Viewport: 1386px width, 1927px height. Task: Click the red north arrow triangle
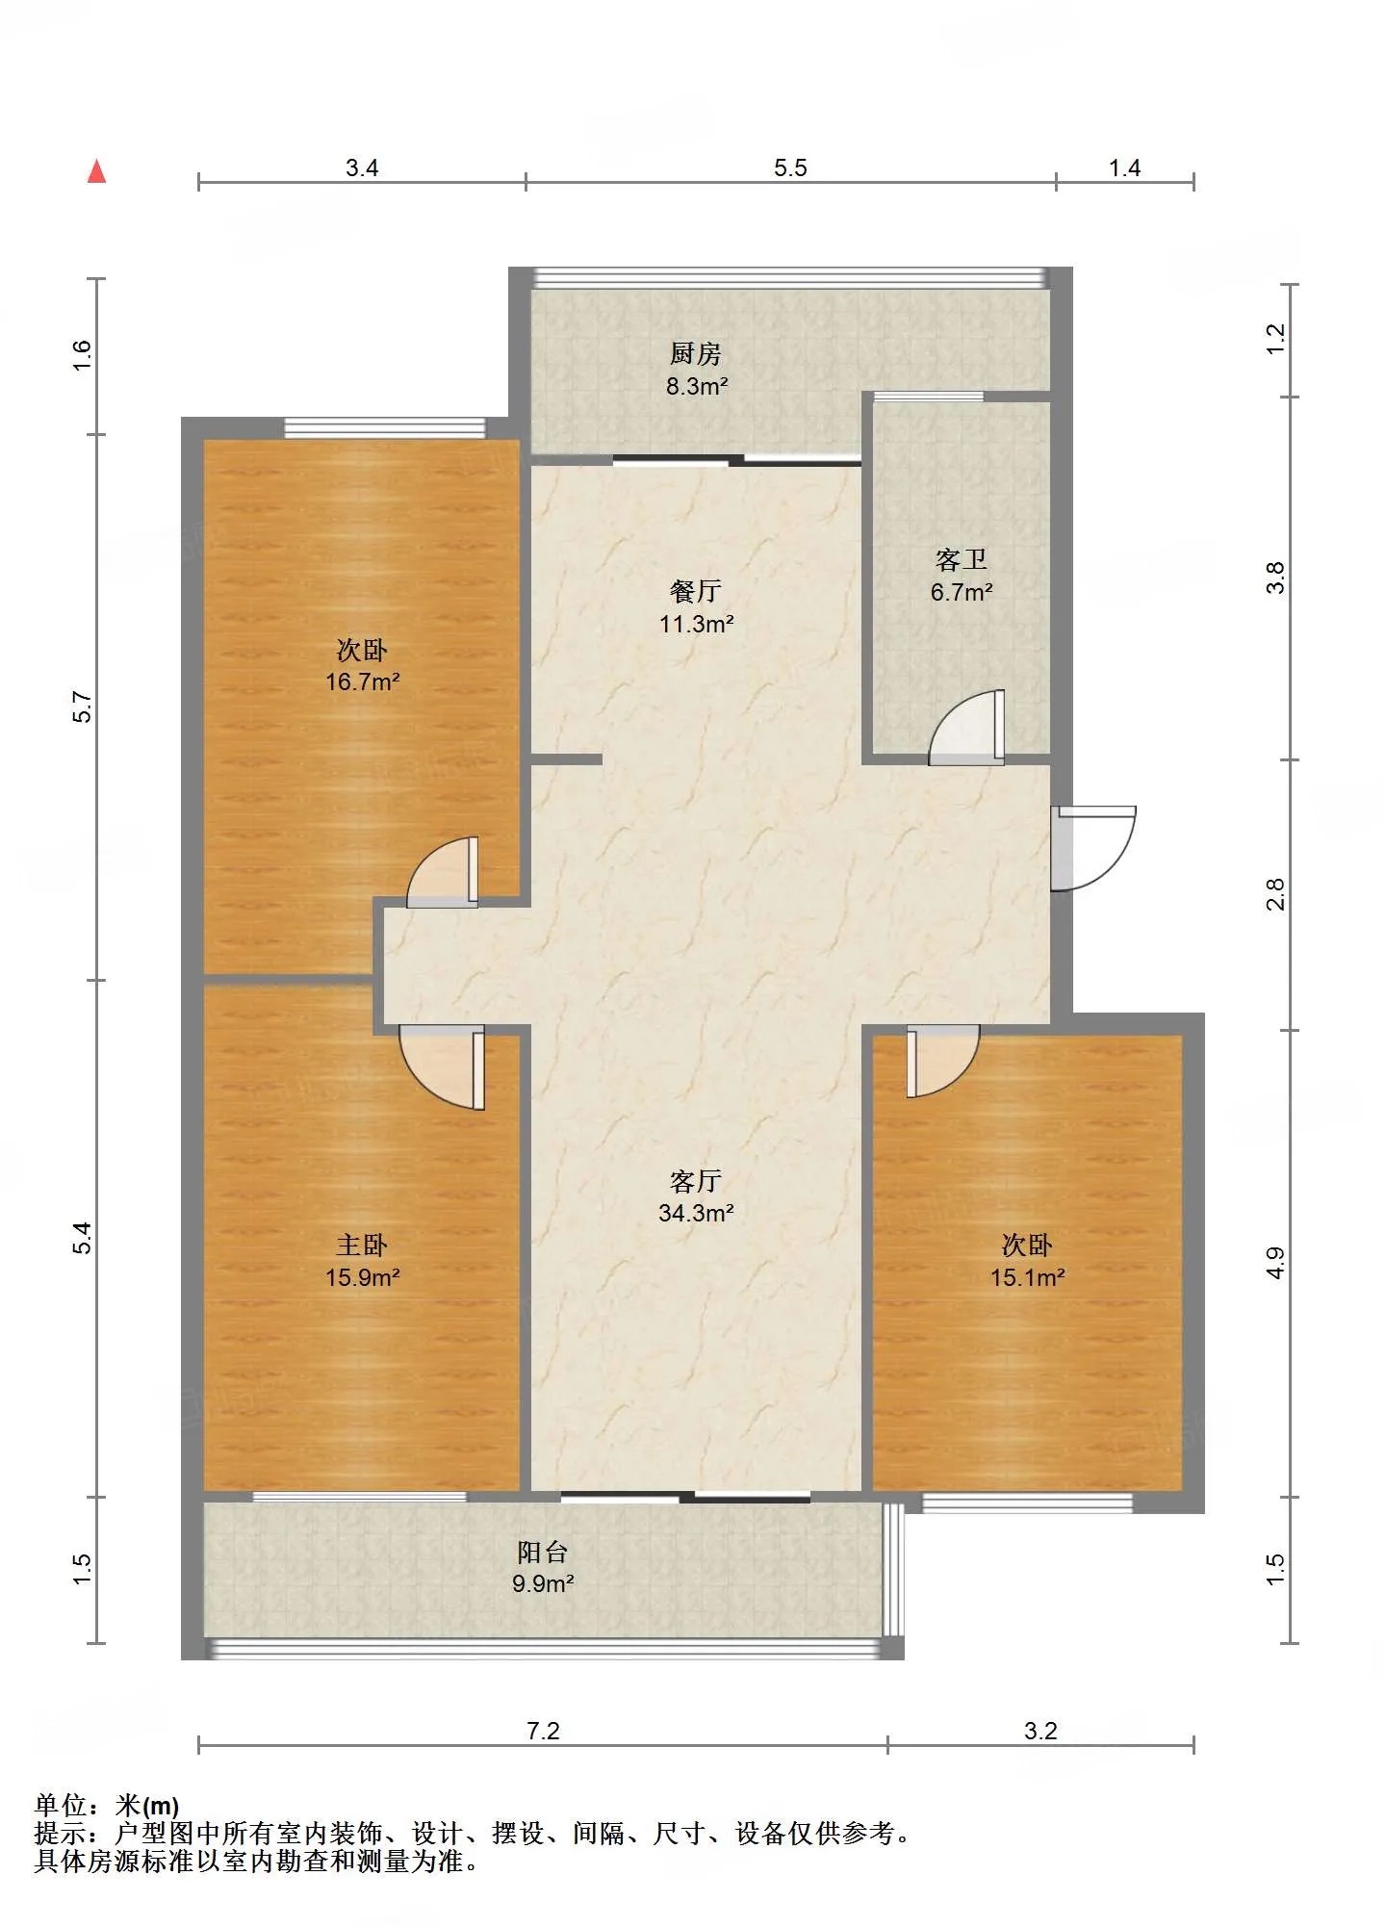(x=96, y=171)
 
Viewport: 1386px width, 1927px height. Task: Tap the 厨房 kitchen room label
(x=696, y=354)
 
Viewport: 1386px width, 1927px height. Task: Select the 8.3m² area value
(x=697, y=387)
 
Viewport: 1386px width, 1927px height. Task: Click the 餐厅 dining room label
(x=696, y=591)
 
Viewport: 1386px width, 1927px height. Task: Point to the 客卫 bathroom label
(x=961, y=560)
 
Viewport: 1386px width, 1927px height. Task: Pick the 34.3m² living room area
(x=696, y=1213)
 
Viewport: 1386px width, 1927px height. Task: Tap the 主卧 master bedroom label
(x=362, y=1246)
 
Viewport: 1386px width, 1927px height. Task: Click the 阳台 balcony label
(x=543, y=1552)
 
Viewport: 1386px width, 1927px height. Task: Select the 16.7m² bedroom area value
(x=362, y=681)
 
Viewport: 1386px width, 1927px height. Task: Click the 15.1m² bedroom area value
(x=1027, y=1277)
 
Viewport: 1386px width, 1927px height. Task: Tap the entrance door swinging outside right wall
(x=1093, y=848)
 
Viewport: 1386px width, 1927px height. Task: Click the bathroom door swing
(x=966, y=728)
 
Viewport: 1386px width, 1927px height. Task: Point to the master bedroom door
(x=443, y=1066)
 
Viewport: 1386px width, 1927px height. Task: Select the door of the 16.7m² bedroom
(x=443, y=872)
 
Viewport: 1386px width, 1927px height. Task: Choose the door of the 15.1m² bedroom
(x=942, y=1061)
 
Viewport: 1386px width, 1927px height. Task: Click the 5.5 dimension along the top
(x=790, y=168)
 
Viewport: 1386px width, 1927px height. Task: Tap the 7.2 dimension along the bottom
(x=543, y=1732)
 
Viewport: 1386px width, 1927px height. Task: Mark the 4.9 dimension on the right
(x=1275, y=1263)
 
